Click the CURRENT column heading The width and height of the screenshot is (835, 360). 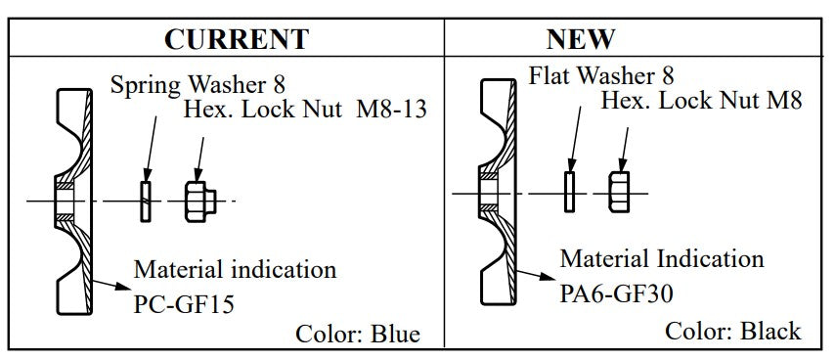tap(236, 39)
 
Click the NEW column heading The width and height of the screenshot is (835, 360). tap(580, 39)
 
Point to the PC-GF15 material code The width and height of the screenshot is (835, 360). tap(184, 303)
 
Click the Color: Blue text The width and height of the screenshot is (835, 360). tap(358, 335)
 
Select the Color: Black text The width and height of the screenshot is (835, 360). tap(732, 331)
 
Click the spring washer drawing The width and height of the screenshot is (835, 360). tap(146, 201)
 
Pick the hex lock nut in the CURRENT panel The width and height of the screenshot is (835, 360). tap(197, 201)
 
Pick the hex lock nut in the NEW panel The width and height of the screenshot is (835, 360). tap(617, 191)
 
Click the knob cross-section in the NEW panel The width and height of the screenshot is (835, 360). tap(497, 191)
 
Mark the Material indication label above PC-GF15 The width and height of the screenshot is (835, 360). tap(235, 269)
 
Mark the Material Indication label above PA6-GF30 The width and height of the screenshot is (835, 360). tap(662, 259)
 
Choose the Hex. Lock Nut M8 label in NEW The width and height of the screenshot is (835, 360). tap(701, 100)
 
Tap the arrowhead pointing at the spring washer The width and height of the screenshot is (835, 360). tap(146, 173)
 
